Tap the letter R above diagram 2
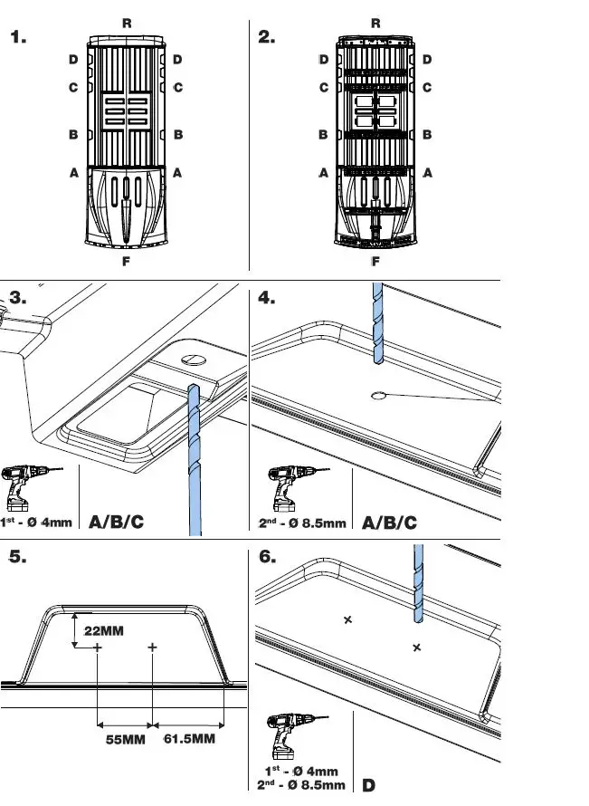pos(375,24)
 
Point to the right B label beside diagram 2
pos(427,134)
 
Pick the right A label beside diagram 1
pos(177,171)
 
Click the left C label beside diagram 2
pos(323,88)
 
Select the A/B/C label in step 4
pos(389,523)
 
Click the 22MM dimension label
pos(104,629)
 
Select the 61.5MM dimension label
pos(189,739)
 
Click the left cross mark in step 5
pos(97,648)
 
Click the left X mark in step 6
pos(347,619)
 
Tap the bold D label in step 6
pos(369,784)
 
